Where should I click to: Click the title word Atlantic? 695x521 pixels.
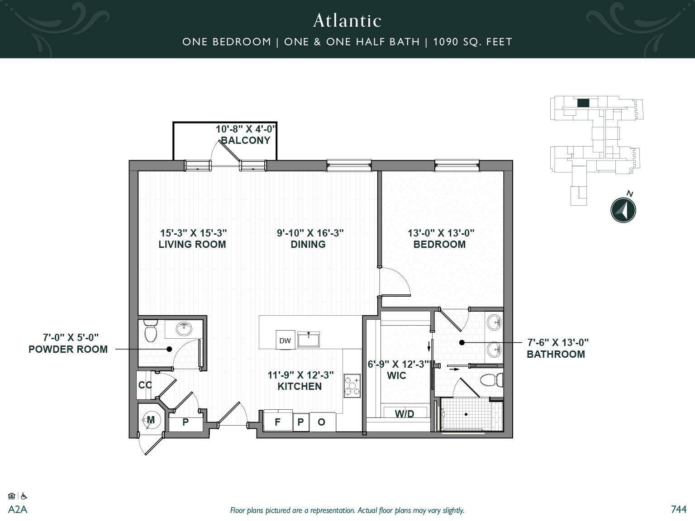tap(347, 20)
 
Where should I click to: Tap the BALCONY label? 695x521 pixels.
tap(246, 140)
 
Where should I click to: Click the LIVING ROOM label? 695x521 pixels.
tap(192, 244)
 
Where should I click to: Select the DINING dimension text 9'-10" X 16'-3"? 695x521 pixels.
tap(310, 233)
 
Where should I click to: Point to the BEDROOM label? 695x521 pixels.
tap(439, 244)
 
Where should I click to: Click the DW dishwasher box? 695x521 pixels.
tap(285, 341)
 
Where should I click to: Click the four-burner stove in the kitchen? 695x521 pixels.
tap(352, 386)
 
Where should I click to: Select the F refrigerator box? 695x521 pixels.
tap(277, 422)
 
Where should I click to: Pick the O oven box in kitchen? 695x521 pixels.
tap(322, 422)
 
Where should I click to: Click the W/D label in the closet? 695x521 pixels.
tap(404, 414)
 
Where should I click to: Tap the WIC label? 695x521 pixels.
tap(396, 375)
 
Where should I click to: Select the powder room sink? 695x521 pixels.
tap(184, 329)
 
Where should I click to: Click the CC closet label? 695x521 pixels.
tap(145, 385)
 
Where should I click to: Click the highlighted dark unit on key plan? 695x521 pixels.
tap(583, 103)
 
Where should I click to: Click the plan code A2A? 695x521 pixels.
tap(18, 510)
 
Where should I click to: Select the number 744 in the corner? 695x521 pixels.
tap(678, 509)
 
